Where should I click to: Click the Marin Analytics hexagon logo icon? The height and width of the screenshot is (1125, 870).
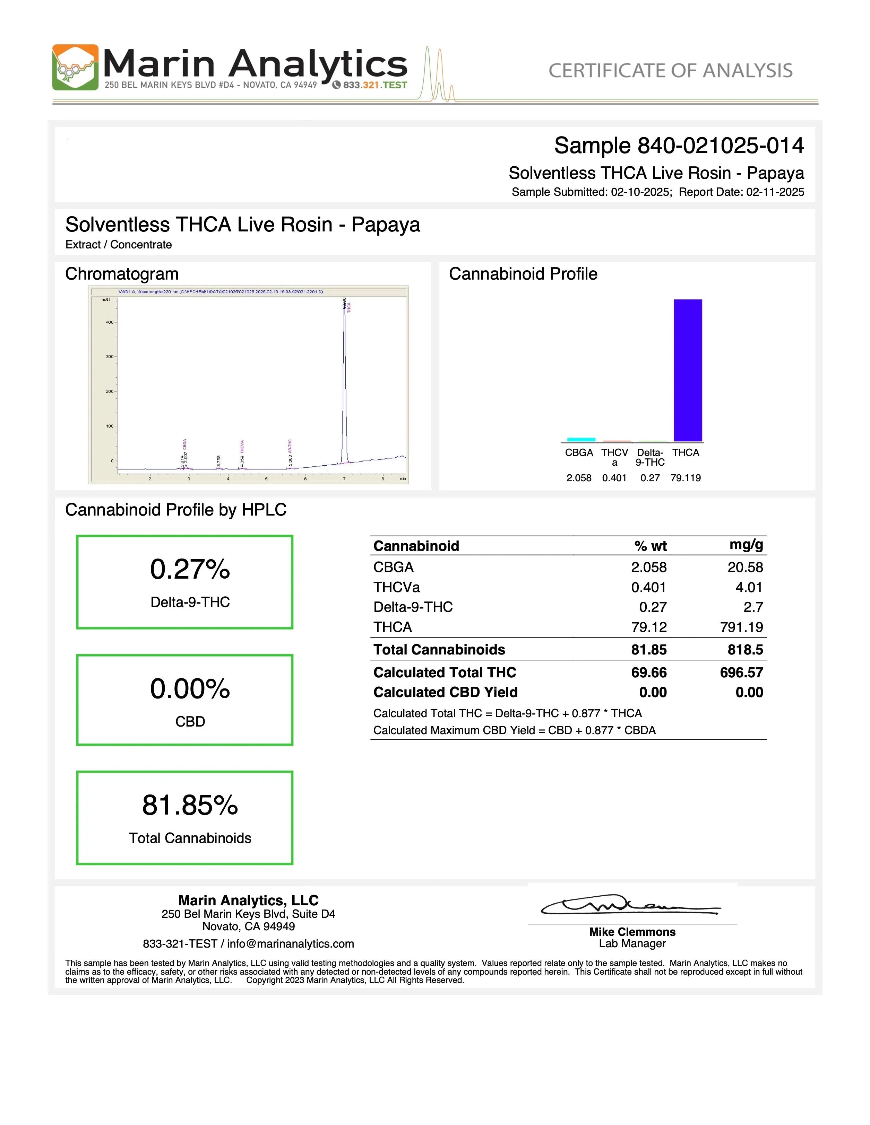click(75, 68)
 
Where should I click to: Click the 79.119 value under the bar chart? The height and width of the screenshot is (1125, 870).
click(686, 478)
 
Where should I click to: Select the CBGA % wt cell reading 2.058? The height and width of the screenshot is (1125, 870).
click(648, 567)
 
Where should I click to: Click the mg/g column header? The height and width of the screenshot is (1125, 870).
click(746, 545)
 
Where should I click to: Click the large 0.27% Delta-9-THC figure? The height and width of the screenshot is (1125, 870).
click(190, 570)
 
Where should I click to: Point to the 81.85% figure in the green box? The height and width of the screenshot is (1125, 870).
click(190, 805)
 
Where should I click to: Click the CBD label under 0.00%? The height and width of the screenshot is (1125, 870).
click(190, 722)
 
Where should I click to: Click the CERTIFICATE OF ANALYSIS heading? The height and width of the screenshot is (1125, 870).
click(670, 71)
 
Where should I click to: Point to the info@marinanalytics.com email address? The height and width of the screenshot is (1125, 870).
click(290, 944)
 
